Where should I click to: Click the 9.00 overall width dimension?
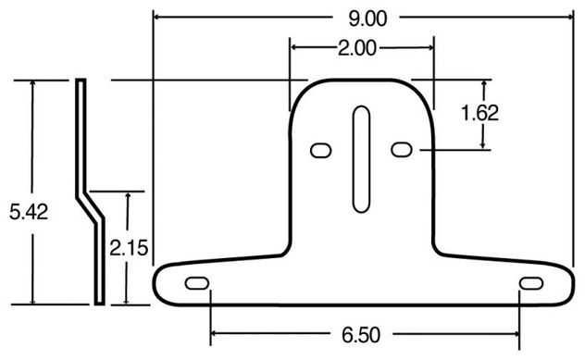(367, 19)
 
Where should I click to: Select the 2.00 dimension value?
(357, 48)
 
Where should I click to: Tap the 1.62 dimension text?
(479, 113)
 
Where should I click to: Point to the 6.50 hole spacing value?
(361, 335)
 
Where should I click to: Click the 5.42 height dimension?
(29, 212)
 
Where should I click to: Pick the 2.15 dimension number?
(129, 248)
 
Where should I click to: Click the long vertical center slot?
(361, 159)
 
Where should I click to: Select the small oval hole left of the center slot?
(321, 151)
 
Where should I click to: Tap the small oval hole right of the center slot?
(402, 150)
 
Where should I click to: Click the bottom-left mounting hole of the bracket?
(197, 283)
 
